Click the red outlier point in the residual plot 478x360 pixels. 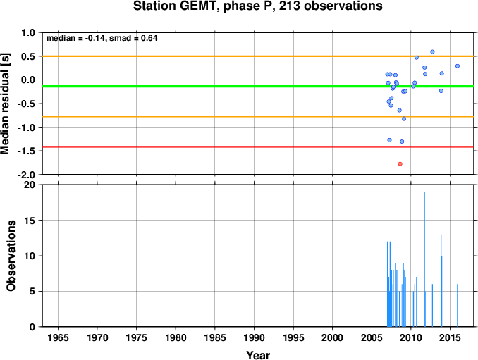pos(400,164)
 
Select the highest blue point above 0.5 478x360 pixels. pos(432,51)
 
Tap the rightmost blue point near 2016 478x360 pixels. pos(458,66)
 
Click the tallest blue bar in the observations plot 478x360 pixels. pos(424,259)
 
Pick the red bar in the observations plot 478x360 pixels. pos(400,309)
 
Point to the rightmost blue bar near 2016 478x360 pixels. pos(458,306)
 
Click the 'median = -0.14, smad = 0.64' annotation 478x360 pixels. pos(102,38)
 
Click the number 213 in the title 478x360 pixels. pos(289,6)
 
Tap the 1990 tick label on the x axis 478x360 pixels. pos(254,337)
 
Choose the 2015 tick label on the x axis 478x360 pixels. pos(450,337)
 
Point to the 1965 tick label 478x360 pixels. pos(58,337)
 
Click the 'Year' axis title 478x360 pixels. pos(258,355)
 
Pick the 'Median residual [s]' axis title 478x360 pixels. pos(5,104)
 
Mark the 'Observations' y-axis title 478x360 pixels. pos(11,256)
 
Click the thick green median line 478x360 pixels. pos(258,87)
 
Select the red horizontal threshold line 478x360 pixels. pos(258,147)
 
